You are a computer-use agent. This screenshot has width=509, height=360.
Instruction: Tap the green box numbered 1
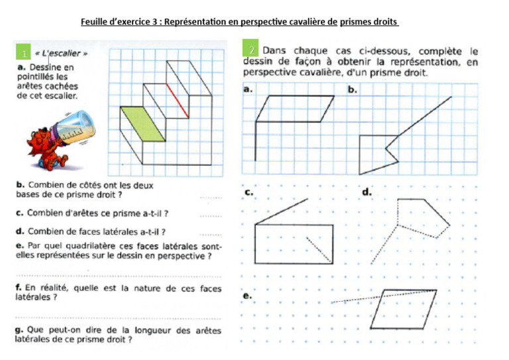23,52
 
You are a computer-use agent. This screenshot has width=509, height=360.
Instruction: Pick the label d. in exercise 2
367,192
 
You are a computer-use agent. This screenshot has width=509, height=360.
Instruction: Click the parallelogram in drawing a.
296,109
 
